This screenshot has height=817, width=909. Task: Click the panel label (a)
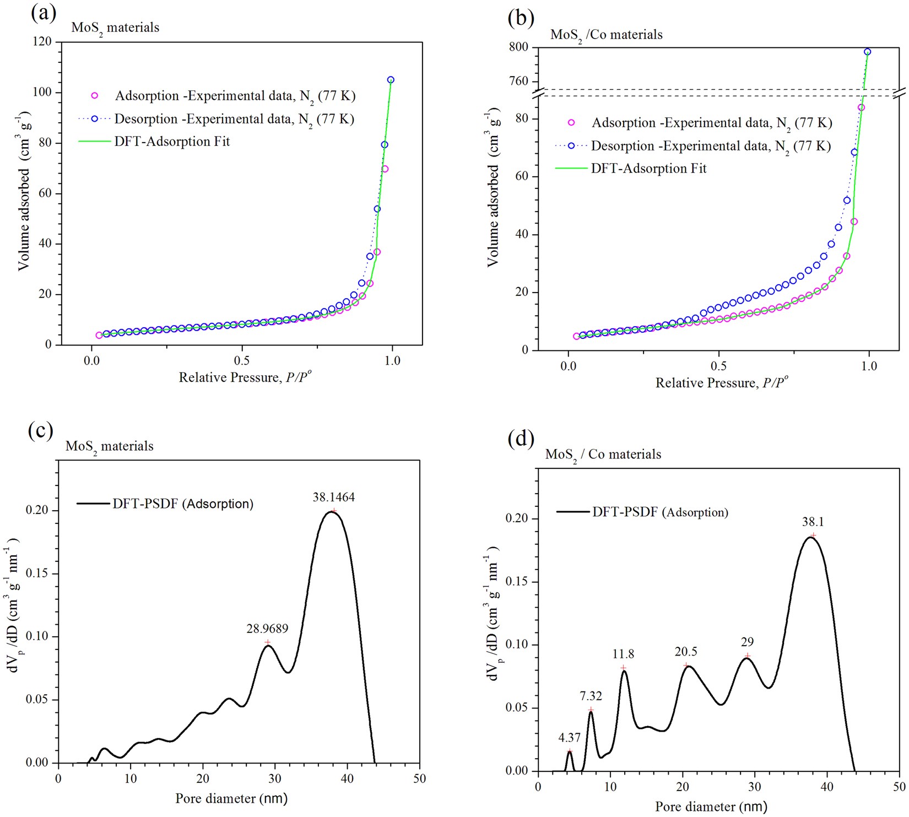click(44, 13)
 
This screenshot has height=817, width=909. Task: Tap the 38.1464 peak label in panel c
click(333, 497)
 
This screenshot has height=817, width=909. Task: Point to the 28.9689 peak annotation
click(267, 629)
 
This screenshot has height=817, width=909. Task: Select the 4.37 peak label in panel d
click(569, 737)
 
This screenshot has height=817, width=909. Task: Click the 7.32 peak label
click(591, 696)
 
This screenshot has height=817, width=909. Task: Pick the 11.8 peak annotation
click(623, 654)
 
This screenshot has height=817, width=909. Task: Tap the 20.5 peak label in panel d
click(686, 652)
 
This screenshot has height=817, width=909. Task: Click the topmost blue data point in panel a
click(391, 80)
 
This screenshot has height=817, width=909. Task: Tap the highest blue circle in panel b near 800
click(867, 52)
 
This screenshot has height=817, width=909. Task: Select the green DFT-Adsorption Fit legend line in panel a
click(95, 142)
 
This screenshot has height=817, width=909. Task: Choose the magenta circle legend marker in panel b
click(571, 123)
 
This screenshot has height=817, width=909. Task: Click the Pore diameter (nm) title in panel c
click(231, 798)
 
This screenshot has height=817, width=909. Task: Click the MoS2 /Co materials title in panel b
click(606, 35)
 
